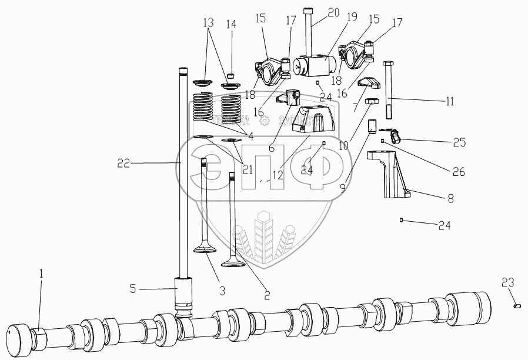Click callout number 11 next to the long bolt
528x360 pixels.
(x=450, y=101)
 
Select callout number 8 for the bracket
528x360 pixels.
(x=451, y=199)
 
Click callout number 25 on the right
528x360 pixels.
(x=459, y=142)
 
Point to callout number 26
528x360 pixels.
(x=458, y=172)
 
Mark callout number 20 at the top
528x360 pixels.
(x=334, y=12)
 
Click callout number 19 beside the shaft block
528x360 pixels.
(x=352, y=18)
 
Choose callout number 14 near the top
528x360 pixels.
(x=230, y=25)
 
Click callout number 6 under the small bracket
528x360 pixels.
(x=272, y=148)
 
